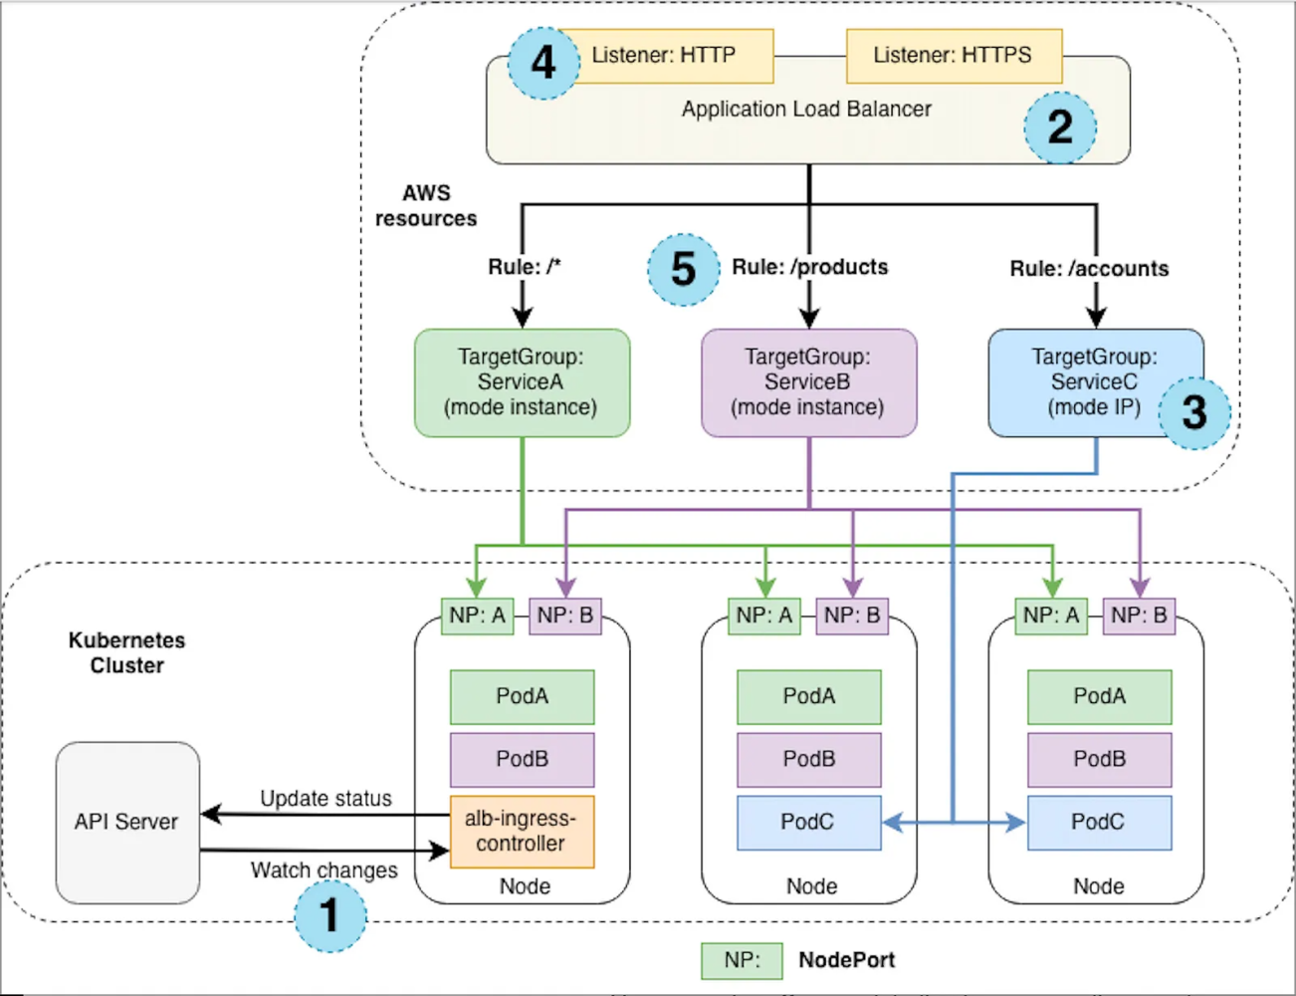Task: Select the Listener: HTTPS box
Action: [x=954, y=55]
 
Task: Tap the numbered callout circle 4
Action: [x=543, y=63]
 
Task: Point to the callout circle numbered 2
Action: [x=1060, y=126]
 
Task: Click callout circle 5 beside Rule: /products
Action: [x=683, y=269]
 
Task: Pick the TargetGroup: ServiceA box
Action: [x=522, y=382]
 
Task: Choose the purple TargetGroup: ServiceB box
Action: [x=808, y=382]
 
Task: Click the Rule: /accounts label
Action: [x=1089, y=269]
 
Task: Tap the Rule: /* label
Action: [x=525, y=267]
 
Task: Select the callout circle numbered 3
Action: [x=1193, y=412]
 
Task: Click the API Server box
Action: [x=126, y=822]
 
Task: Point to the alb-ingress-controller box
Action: [x=522, y=831]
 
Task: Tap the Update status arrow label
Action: [x=325, y=799]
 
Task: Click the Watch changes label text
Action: [x=324, y=871]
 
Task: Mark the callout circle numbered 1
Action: [x=329, y=915]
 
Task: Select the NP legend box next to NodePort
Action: [x=742, y=960]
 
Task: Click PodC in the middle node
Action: [x=808, y=822]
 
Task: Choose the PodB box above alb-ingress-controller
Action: [x=522, y=759]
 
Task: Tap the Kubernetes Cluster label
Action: [x=126, y=652]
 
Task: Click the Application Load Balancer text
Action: [x=806, y=110]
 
